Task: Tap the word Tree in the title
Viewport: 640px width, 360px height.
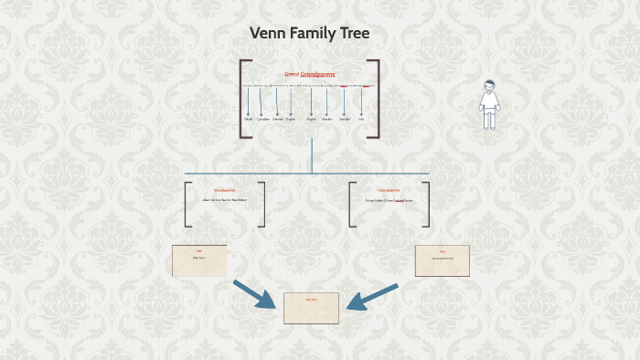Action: [x=353, y=34]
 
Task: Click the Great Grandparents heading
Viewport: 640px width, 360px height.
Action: [x=310, y=74]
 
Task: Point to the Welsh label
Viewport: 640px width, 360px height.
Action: [x=248, y=119]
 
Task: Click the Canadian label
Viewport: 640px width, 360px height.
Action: [x=263, y=119]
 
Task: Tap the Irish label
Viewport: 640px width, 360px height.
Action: [x=361, y=119]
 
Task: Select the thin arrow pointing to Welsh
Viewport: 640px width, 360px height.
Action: [x=248, y=101]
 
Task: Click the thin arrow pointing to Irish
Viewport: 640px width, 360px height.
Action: [x=361, y=101]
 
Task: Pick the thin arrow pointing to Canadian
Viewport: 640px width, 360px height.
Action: [x=263, y=101]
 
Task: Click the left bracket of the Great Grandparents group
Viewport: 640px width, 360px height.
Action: [x=243, y=99]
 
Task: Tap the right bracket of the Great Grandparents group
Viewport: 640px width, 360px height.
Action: [x=376, y=99]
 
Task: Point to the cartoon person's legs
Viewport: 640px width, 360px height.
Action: [x=490, y=121]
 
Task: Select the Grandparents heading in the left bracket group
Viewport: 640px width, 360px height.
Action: [x=224, y=190]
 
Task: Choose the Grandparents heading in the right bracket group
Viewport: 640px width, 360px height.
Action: [x=389, y=190]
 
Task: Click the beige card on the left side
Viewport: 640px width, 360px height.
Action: [x=199, y=260]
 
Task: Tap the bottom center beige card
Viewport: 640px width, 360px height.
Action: [x=311, y=308]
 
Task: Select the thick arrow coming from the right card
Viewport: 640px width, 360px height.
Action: [x=372, y=296]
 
